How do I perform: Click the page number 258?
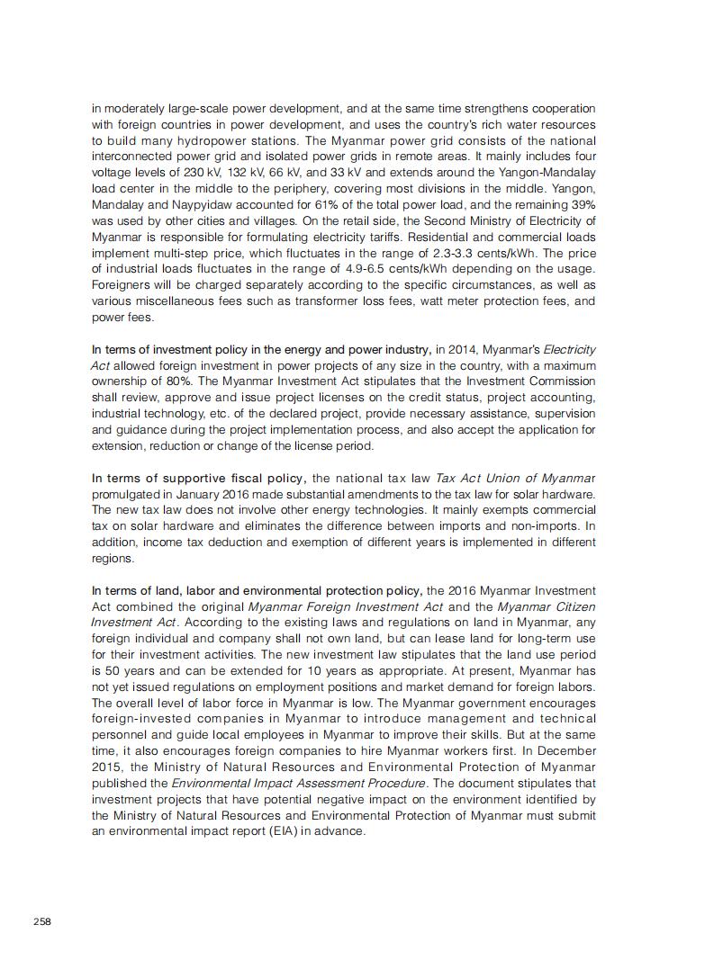click(42, 921)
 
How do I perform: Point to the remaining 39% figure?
click(582, 204)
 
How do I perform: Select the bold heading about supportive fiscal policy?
click(199, 478)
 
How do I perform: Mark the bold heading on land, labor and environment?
click(257, 590)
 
